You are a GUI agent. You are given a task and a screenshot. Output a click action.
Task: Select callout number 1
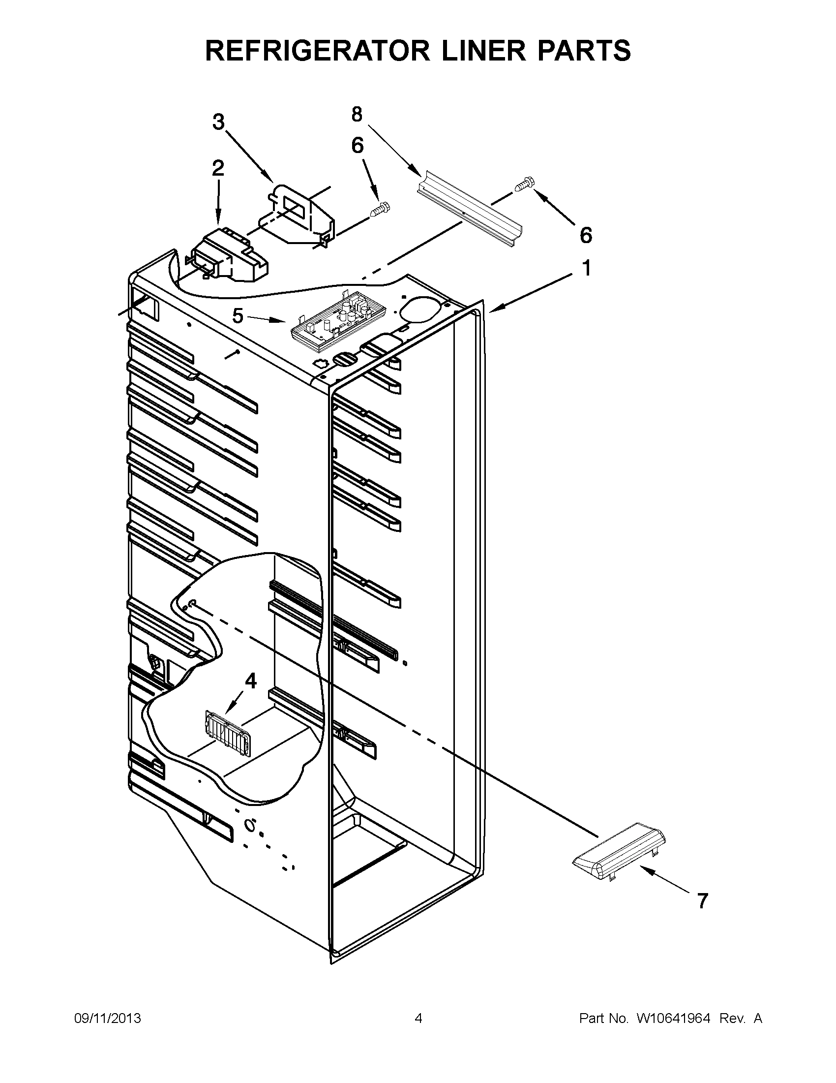click(586, 269)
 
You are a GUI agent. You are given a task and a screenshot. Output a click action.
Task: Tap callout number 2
click(217, 169)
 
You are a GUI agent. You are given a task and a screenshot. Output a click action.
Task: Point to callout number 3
click(218, 122)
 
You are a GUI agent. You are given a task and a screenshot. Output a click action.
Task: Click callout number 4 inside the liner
click(251, 681)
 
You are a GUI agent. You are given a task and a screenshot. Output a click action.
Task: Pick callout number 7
click(702, 900)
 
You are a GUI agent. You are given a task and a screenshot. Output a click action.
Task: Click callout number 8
click(357, 115)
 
